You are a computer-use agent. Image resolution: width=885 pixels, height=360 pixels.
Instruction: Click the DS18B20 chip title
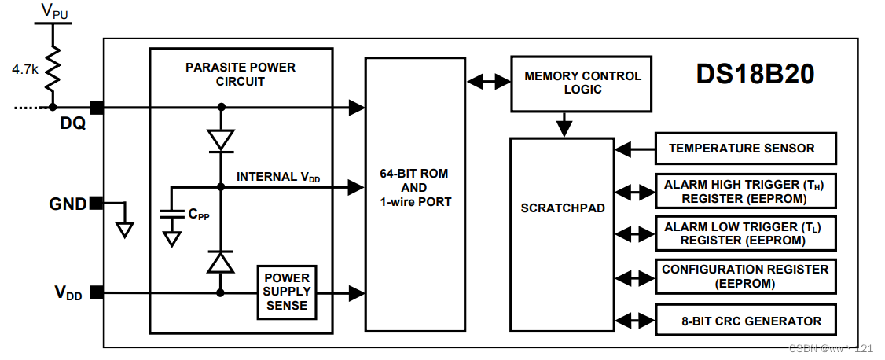755,74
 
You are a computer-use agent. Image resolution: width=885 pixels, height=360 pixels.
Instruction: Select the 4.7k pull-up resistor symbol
52,69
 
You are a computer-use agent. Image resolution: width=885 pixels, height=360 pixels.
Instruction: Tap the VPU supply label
53,10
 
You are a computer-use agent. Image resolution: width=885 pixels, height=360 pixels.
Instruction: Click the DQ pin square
97,107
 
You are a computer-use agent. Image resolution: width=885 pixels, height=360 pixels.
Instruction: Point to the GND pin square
96,203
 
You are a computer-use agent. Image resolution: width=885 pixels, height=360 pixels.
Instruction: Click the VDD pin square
96,292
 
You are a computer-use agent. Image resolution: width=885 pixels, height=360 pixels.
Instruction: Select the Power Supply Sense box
287,292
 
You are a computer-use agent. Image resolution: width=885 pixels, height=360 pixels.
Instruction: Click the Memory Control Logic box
582,83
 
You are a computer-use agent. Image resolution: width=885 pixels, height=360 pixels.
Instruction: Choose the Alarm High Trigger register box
744,191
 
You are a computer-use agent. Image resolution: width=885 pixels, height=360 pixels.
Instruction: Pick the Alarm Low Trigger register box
744,233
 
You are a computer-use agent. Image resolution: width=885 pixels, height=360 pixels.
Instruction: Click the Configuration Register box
744,276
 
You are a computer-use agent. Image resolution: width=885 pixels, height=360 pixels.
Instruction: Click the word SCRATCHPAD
563,208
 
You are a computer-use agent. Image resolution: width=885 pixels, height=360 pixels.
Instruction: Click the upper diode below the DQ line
220,140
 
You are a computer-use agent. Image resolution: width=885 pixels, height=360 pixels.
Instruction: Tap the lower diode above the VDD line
220,262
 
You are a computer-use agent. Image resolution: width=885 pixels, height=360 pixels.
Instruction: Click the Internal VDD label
278,177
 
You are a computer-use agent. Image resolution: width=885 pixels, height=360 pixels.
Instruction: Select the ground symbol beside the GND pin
124,228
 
